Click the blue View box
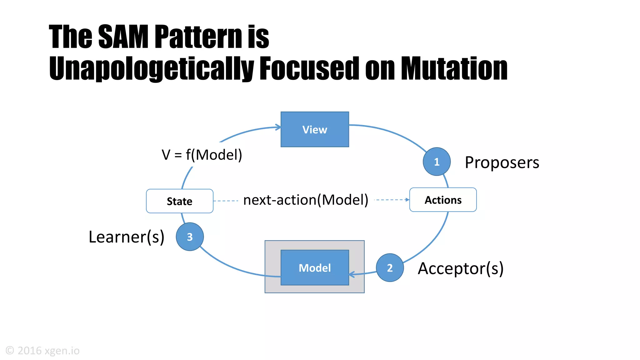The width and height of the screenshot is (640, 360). (315, 129)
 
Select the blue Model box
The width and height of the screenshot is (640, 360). (315, 267)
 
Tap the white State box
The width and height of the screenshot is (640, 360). (180, 201)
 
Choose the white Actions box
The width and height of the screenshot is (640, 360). (443, 200)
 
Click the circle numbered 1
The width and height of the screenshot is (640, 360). (437, 162)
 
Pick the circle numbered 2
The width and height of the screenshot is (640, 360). (390, 268)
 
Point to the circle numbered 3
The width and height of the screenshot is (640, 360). (190, 237)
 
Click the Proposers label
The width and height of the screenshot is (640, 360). (502, 162)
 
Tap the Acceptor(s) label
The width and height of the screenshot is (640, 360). (461, 268)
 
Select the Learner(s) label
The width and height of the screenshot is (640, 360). (126, 237)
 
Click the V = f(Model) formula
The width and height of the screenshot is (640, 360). (202, 155)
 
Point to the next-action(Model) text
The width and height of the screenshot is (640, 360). (306, 200)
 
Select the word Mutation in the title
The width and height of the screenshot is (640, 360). (454, 69)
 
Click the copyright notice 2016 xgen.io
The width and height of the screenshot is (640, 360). (43, 351)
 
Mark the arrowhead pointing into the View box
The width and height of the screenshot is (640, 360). (278, 127)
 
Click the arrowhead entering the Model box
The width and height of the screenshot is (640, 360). (352, 274)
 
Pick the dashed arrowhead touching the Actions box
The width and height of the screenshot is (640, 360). (407, 200)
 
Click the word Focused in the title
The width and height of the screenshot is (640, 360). (309, 69)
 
